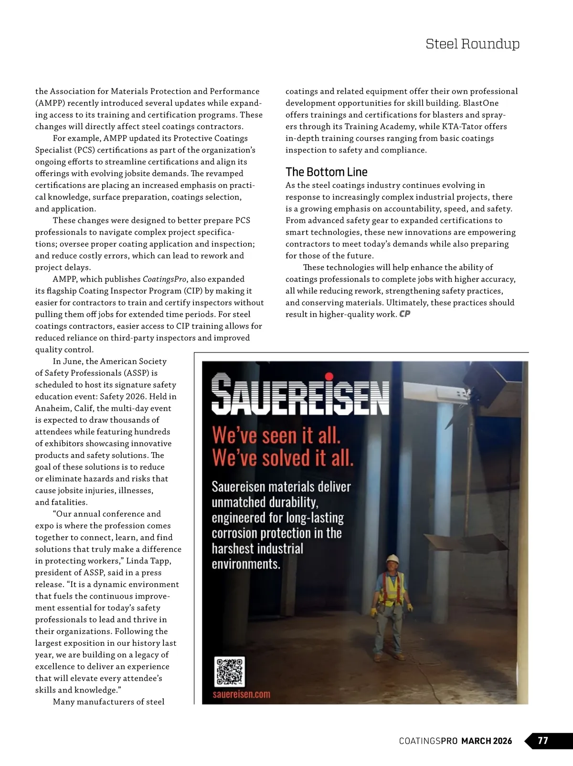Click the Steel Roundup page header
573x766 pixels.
[x=472, y=44]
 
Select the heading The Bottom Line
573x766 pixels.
[x=326, y=172]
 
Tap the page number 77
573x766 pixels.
[x=543, y=741]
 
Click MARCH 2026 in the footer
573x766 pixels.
[x=487, y=741]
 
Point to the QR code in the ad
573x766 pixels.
[x=230, y=672]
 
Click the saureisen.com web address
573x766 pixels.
[x=241, y=694]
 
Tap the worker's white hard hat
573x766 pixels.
[x=393, y=559]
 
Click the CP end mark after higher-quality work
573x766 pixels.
[x=405, y=314]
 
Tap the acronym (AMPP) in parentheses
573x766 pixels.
[x=49, y=103]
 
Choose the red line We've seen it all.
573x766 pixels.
[x=276, y=436]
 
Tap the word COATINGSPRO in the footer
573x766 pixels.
[x=428, y=741]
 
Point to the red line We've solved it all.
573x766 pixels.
[x=283, y=458]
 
